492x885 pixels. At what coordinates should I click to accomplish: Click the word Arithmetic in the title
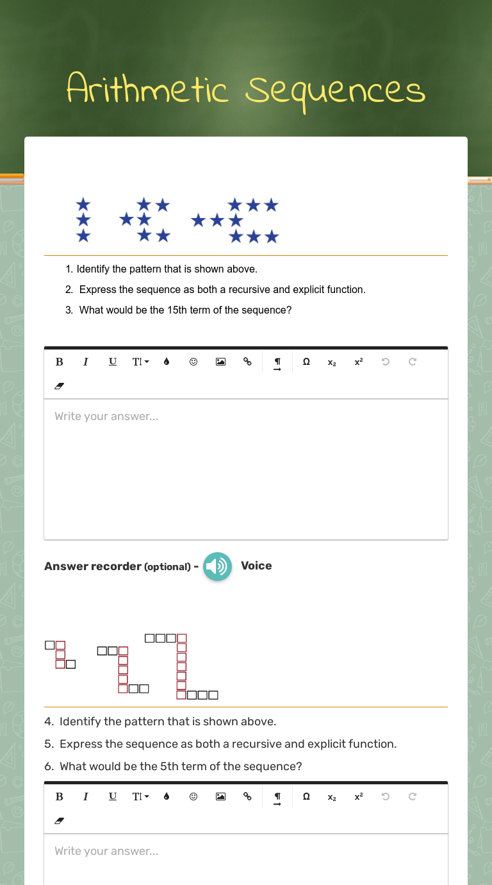coord(147,90)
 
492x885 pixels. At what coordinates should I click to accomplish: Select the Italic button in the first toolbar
coord(86,362)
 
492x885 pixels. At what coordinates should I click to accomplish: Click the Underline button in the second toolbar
coord(113,796)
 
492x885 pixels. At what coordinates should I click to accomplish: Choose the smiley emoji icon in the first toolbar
coord(193,362)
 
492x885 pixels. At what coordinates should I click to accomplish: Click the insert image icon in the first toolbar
coord(220,362)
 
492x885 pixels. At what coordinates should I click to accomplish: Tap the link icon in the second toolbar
coord(247,796)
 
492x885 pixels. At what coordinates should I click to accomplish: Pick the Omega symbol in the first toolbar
coord(306,362)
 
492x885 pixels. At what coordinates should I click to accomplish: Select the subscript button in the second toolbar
coord(332,796)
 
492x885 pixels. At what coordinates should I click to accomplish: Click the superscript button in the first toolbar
coord(359,362)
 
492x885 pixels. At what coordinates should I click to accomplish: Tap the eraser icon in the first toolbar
coord(60,387)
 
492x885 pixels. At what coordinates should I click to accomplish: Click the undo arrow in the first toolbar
coord(386,362)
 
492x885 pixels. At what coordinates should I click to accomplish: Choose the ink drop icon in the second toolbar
coord(167,796)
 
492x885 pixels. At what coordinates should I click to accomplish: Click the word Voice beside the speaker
coord(256,566)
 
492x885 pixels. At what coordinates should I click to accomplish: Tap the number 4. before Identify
coord(49,721)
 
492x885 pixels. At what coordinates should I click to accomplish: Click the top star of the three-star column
coord(83,205)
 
